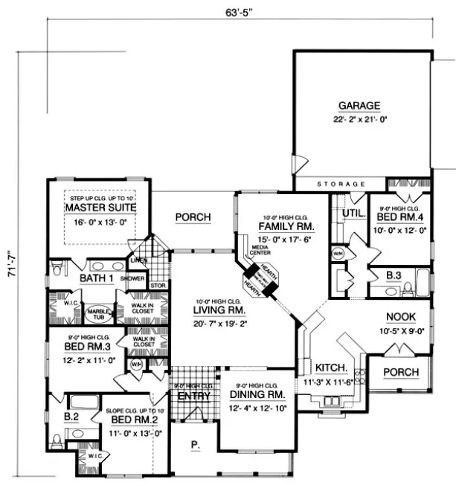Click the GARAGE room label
click(x=359, y=105)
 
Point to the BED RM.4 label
click(x=401, y=216)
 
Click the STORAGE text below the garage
click(x=340, y=183)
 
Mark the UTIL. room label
click(x=350, y=213)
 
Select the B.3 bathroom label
click(x=395, y=275)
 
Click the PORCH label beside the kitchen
click(x=401, y=372)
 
